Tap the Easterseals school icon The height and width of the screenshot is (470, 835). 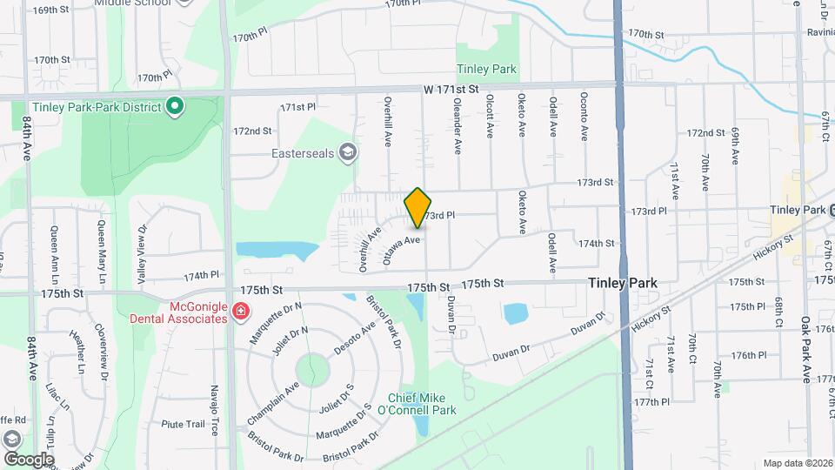pyautogui.click(x=348, y=153)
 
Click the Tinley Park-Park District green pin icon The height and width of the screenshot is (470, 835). pyautogui.click(x=174, y=107)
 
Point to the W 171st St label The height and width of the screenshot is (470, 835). pyautogui.click(x=451, y=90)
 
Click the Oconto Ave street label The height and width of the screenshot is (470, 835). pyautogui.click(x=584, y=114)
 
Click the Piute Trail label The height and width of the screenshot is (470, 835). pyautogui.click(x=183, y=424)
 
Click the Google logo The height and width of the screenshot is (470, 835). pyautogui.click(x=28, y=459)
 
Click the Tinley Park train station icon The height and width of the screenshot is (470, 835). pyautogui.click(x=831, y=210)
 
